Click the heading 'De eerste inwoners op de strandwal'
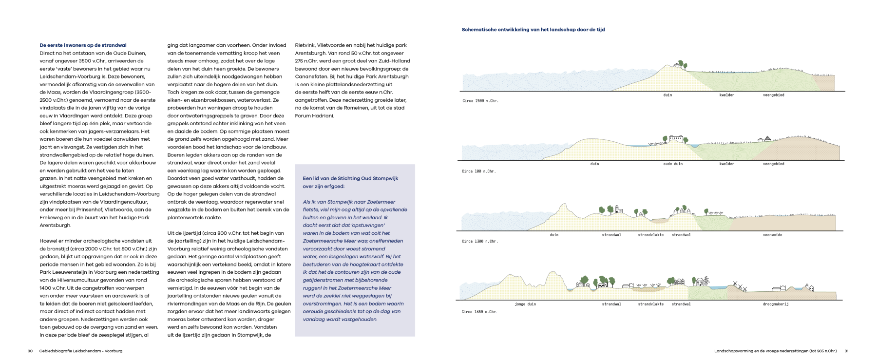tap(83, 45)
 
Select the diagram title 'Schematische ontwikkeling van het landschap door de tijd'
tap(533, 30)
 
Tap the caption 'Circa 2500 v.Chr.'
tap(480, 101)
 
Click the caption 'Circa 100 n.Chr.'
tap(478, 171)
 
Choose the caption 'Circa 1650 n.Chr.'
tap(479, 312)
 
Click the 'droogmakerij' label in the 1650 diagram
tap(776, 304)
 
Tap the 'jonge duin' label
tap(525, 304)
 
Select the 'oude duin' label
tap(673, 164)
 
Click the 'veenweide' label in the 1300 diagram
tap(772, 235)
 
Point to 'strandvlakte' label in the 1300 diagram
tap(650, 235)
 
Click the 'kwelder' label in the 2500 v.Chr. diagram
tap(726, 95)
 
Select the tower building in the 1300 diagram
tap(618, 209)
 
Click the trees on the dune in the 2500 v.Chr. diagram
tap(680, 64)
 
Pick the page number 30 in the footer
tap(30, 351)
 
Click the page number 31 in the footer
tap(846, 351)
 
